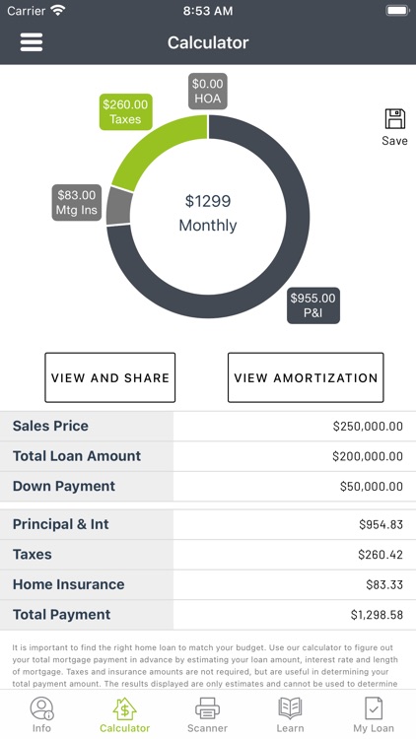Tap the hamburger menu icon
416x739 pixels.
pyautogui.click(x=32, y=42)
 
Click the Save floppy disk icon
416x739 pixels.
pyautogui.click(x=394, y=120)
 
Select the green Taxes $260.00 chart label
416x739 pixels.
pyautogui.click(x=125, y=112)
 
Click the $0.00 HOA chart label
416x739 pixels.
pyautogui.click(x=208, y=92)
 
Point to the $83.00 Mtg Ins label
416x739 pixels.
pyautogui.click(x=77, y=203)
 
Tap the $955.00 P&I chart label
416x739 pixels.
pyautogui.click(x=313, y=305)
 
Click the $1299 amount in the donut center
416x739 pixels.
pyautogui.click(x=208, y=201)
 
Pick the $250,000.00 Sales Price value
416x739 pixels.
pyautogui.click(x=368, y=427)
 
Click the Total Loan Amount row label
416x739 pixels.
pyautogui.click(x=77, y=456)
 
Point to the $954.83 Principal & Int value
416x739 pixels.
pyautogui.click(x=381, y=525)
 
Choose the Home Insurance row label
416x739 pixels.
pyautogui.click(x=69, y=584)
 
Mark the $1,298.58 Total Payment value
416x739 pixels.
pyautogui.click(x=377, y=615)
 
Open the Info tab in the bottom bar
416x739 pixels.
pyautogui.click(x=41, y=713)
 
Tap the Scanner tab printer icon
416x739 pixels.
pyautogui.click(x=207, y=707)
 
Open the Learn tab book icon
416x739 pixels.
pyautogui.click(x=290, y=707)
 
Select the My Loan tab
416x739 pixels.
pyautogui.click(x=374, y=713)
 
